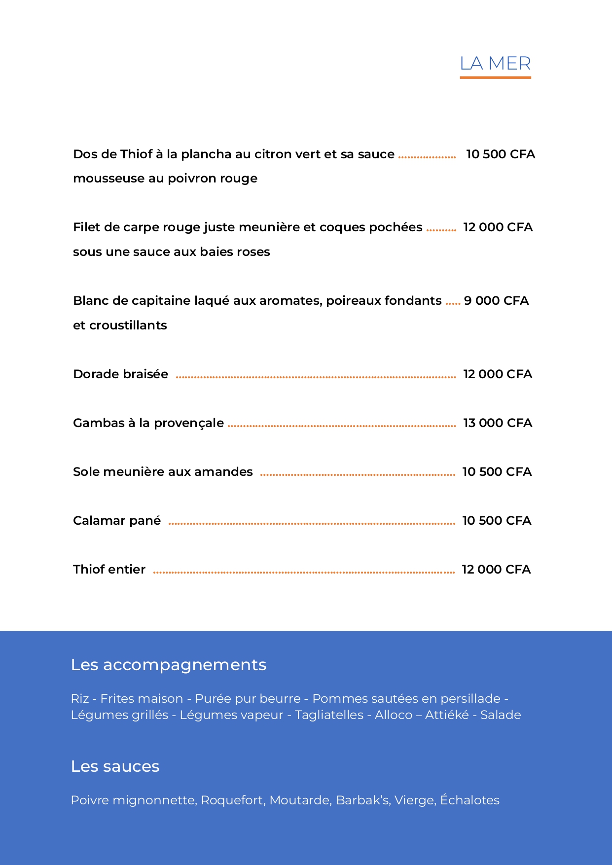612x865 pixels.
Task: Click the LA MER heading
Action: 495,64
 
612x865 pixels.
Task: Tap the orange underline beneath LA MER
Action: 495,77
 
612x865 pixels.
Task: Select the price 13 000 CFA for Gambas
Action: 498,423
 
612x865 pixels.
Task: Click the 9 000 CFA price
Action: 496,301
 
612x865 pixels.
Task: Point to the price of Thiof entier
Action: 496,570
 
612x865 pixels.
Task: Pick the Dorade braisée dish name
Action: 120,374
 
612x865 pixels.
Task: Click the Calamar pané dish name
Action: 117,521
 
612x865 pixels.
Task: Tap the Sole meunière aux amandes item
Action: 163,472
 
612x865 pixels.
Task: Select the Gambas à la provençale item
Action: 148,423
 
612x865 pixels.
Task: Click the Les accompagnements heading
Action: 169,665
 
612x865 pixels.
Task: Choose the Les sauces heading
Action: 115,766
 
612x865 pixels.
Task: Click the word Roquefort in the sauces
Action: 233,800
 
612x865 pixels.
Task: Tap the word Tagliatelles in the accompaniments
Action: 329,715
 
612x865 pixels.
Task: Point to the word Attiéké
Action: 447,715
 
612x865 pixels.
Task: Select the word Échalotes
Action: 469,800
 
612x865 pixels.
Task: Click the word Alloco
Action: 394,715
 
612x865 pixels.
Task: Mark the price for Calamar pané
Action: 497,521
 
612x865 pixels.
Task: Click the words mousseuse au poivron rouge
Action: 165,179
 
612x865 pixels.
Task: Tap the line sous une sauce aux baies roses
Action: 172,252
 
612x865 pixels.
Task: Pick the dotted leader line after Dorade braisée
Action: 316,377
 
